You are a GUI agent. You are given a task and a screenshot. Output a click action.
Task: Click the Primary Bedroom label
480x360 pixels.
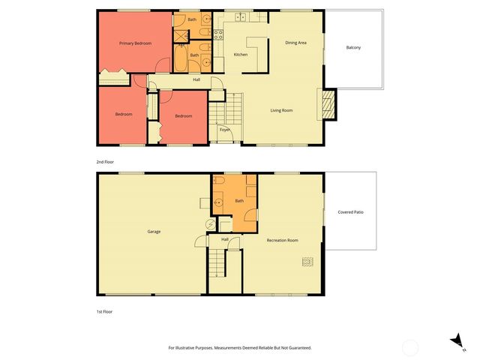coord(136,43)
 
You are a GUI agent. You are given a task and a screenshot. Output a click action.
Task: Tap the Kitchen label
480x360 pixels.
coord(241,55)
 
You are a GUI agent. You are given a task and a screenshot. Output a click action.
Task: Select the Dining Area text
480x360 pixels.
coord(295,43)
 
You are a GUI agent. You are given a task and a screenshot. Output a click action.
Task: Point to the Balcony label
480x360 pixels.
coord(353,48)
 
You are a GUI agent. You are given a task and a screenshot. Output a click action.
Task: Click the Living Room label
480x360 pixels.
coord(281,110)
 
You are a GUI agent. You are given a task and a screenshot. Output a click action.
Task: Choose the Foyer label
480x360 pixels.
coord(224,130)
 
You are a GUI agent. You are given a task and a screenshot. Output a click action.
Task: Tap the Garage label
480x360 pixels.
coord(154,231)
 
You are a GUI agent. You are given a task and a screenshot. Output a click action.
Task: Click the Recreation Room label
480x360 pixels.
coord(283,240)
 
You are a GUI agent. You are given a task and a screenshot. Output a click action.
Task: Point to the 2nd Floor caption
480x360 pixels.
coord(105,162)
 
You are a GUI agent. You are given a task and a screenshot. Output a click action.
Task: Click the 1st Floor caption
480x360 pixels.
coord(105,310)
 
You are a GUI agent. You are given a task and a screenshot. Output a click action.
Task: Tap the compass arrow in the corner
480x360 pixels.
coord(454,341)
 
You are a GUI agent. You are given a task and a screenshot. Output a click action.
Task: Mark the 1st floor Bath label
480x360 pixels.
coord(239,201)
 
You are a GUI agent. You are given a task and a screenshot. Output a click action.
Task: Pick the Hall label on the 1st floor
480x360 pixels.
coord(224,240)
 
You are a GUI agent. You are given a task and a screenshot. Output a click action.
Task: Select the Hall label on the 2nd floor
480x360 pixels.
coord(196,79)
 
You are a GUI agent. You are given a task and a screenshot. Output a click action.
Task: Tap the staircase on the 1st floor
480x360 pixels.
coord(216,262)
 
